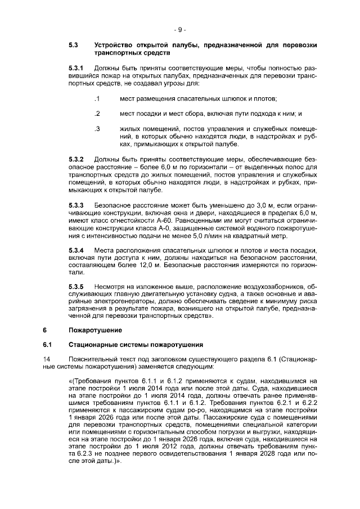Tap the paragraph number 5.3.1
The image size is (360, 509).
[76, 67]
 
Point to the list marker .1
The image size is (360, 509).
[97, 99]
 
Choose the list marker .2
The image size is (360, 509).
[97, 114]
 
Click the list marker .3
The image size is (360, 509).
[97, 129]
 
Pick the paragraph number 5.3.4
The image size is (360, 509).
[76, 249]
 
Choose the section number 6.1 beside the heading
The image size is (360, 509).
[47, 344]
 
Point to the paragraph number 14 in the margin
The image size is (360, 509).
[46, 358]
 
